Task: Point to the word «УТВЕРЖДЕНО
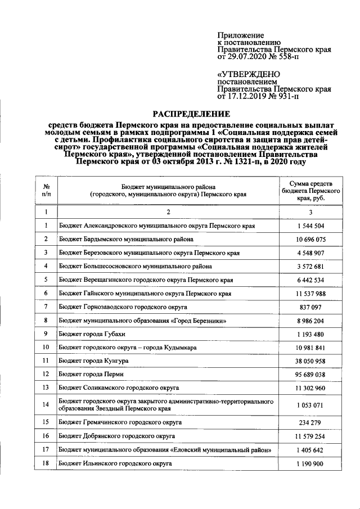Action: (x=248, y=74)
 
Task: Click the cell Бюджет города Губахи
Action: (x=96, y=334)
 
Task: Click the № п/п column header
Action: (x=46, y=191)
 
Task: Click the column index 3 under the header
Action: (x=311, y=212)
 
